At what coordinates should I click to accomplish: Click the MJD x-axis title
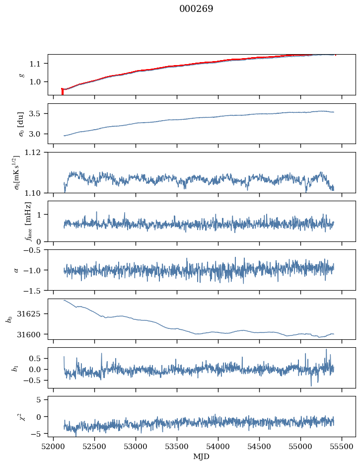click(x=201, y=457)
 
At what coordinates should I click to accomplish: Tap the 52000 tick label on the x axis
click(x=54, y=447)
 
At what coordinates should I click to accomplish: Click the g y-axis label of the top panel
click(x=21, y=75)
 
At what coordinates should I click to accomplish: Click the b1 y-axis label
click(x=15, y=368)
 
